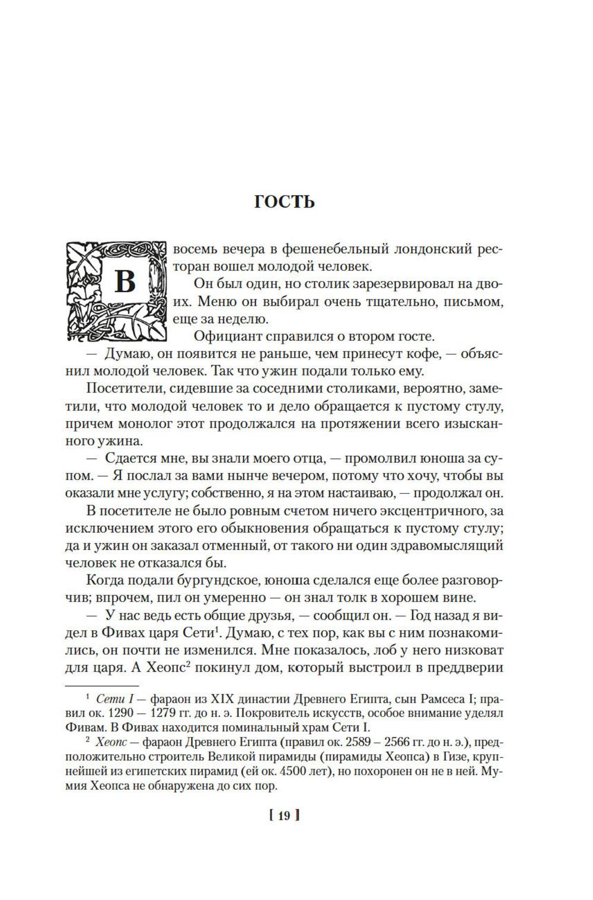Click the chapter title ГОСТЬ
pyautogui.click(x=284, y=202)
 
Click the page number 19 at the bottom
pyautogui.click(x=284, y=816)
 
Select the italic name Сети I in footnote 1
pyautogui.click(x=114, y=700)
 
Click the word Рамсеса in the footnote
pyautogui.click(x=434, y=700)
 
